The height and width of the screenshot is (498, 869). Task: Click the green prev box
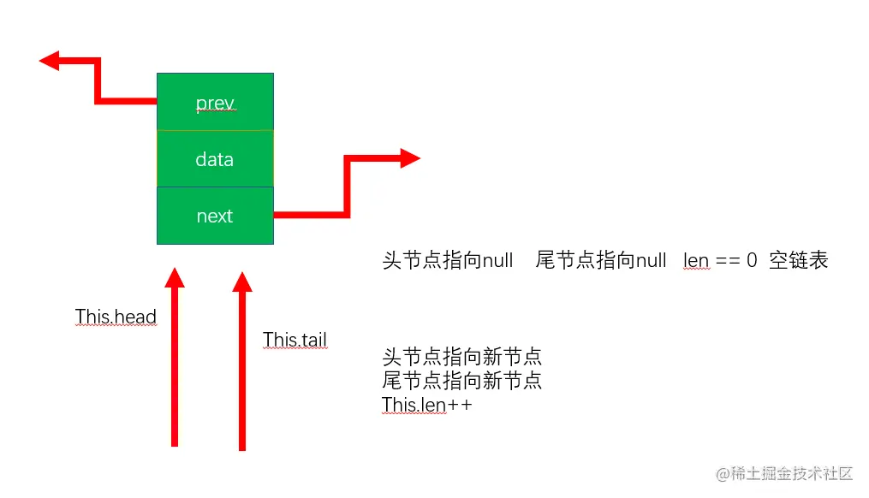pos(215,102)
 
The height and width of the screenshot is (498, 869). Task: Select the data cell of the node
pos(215,159)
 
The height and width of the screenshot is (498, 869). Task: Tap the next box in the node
pos(215,216)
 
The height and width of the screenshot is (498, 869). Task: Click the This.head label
pos(116,317)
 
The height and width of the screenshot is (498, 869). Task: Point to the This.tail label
pos(295,340)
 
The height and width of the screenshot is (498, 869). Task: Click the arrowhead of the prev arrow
pos(49,60)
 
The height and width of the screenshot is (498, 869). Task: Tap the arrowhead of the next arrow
pos(410,157)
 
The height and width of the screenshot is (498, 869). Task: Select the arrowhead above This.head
pos(175,277)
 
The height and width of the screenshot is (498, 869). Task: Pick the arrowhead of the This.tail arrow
pos(242,282)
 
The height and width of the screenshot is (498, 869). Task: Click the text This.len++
pos(426,404)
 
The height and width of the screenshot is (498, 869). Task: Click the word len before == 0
pos(696,260)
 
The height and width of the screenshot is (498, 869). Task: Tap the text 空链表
pos(798,260)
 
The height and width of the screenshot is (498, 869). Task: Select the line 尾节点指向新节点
pos(461,380)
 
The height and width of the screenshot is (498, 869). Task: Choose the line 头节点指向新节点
pos(461,356)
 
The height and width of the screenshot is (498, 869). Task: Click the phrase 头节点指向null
pos(447,260)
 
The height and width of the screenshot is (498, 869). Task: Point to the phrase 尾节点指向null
pos(600,260)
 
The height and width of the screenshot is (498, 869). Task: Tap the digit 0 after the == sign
pos(752,260)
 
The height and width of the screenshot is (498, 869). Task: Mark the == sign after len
pos(728,260)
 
